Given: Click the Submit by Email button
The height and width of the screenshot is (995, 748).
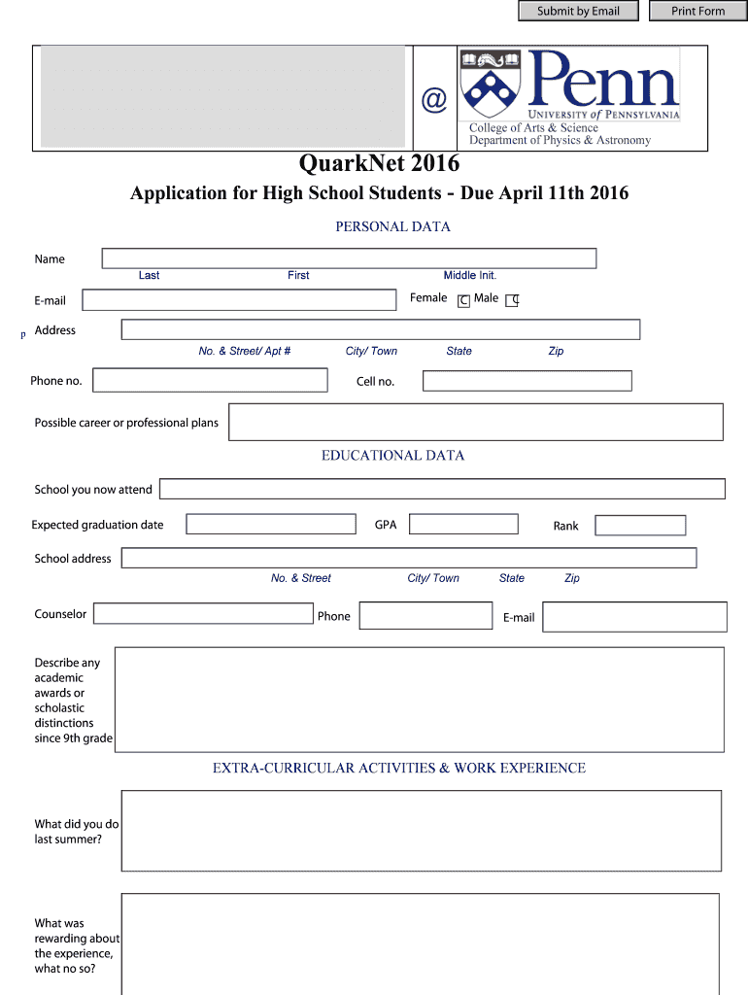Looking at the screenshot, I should pos(577,12).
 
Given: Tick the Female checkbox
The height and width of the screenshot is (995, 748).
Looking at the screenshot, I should pos(463,301).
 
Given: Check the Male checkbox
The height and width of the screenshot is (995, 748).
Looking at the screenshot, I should pos(513,300).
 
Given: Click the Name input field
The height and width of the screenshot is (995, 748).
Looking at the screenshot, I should pos(349,258).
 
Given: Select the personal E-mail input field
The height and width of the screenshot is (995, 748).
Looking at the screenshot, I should pos(239,300).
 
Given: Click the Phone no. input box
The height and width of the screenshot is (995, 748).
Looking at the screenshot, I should pos(210,380).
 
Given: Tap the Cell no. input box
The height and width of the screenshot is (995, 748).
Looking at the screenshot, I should pos(527,381).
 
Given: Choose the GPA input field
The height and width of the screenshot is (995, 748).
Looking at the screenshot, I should pos(463,525).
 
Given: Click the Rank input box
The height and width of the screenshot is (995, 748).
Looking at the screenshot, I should pos(640,526).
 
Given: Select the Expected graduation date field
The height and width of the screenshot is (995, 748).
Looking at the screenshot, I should pos(271,525).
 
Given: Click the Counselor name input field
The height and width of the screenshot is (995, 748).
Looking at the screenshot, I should pos(203,614).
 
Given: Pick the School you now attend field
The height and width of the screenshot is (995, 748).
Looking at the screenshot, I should pos(442,489).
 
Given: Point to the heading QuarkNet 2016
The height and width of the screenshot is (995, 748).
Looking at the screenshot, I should pos(379,164).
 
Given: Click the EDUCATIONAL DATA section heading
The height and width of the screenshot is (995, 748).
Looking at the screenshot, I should pos(393,455).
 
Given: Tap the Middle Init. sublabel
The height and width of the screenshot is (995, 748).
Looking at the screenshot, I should pos(470,276).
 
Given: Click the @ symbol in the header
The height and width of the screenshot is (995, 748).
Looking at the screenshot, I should pos(432,99).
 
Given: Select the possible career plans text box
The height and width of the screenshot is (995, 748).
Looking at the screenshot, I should pos(476,422).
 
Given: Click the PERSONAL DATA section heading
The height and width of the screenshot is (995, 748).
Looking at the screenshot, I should pos(393,226).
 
